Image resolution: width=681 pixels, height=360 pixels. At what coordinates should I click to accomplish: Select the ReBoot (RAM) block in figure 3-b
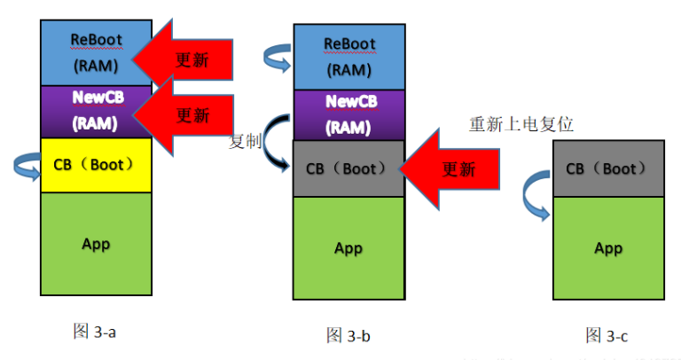coord(348,56)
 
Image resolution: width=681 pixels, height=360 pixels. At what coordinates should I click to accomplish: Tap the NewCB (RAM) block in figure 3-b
coord(348,113)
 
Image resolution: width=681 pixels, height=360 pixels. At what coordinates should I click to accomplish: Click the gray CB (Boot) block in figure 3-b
coord(348,168)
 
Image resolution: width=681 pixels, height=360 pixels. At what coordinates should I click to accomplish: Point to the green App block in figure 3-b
coord(348,248)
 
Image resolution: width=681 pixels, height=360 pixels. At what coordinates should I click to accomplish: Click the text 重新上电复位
coord(521,123)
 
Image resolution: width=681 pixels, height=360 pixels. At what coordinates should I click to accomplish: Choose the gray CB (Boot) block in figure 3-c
coord(607,168)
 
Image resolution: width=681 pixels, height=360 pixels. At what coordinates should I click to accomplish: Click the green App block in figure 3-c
coord(607,248)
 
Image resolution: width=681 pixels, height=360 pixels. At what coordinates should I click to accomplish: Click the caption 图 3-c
coord(607,334)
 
